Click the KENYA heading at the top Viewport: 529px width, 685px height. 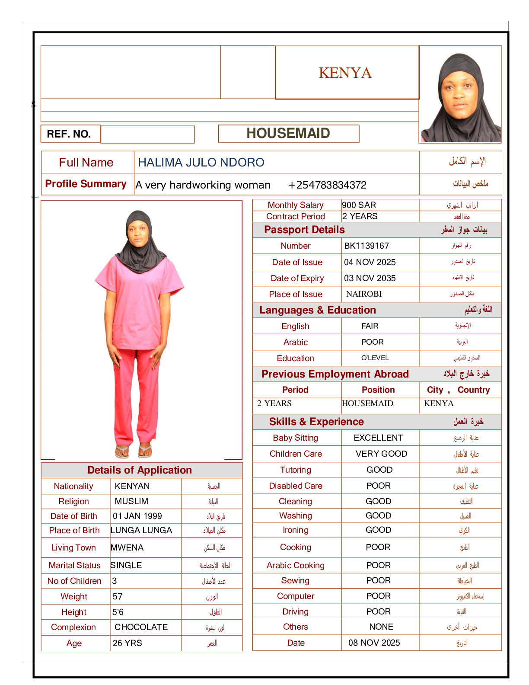click(x=345, y=73)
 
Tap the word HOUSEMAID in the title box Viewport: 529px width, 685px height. click(x=288, y=133)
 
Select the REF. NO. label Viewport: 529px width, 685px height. click(x=69, y=134)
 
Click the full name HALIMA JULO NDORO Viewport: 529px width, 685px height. click(x=201, y=162)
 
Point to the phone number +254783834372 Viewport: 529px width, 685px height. click(x=327, y=185)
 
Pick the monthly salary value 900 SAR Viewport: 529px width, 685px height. click(x=359, y=205)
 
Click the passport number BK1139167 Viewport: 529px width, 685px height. click(x=366, y=246)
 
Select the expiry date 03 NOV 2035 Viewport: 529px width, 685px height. click(x=370, y=278)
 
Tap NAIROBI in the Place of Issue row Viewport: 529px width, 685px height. click(x=364, y=294)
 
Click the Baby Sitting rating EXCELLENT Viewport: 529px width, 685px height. click(x=378, y=438)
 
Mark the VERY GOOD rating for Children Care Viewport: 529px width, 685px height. click(x=381, y=454)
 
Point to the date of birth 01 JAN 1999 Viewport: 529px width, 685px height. click(x=137, y=516)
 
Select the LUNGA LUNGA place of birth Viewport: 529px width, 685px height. click(x=141, y=530)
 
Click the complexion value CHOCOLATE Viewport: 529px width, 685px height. click(x=141, y=627)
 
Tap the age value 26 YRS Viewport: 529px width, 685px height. click(x=127, y=643)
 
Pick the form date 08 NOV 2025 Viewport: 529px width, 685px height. click(x=374, y=643)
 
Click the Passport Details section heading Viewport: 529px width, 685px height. click(x=304, y=230)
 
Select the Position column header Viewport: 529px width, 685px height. click(x=378, y=390)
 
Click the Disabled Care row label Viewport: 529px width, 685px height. click(x=296, y=486)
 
